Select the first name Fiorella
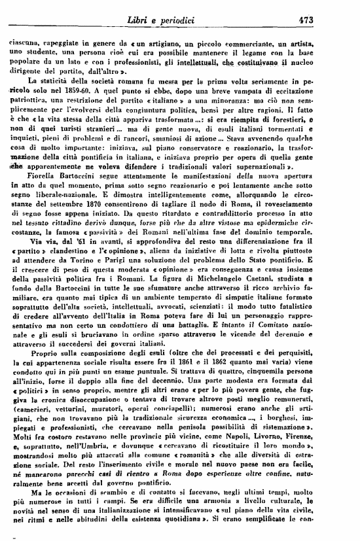coord(39,190)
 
